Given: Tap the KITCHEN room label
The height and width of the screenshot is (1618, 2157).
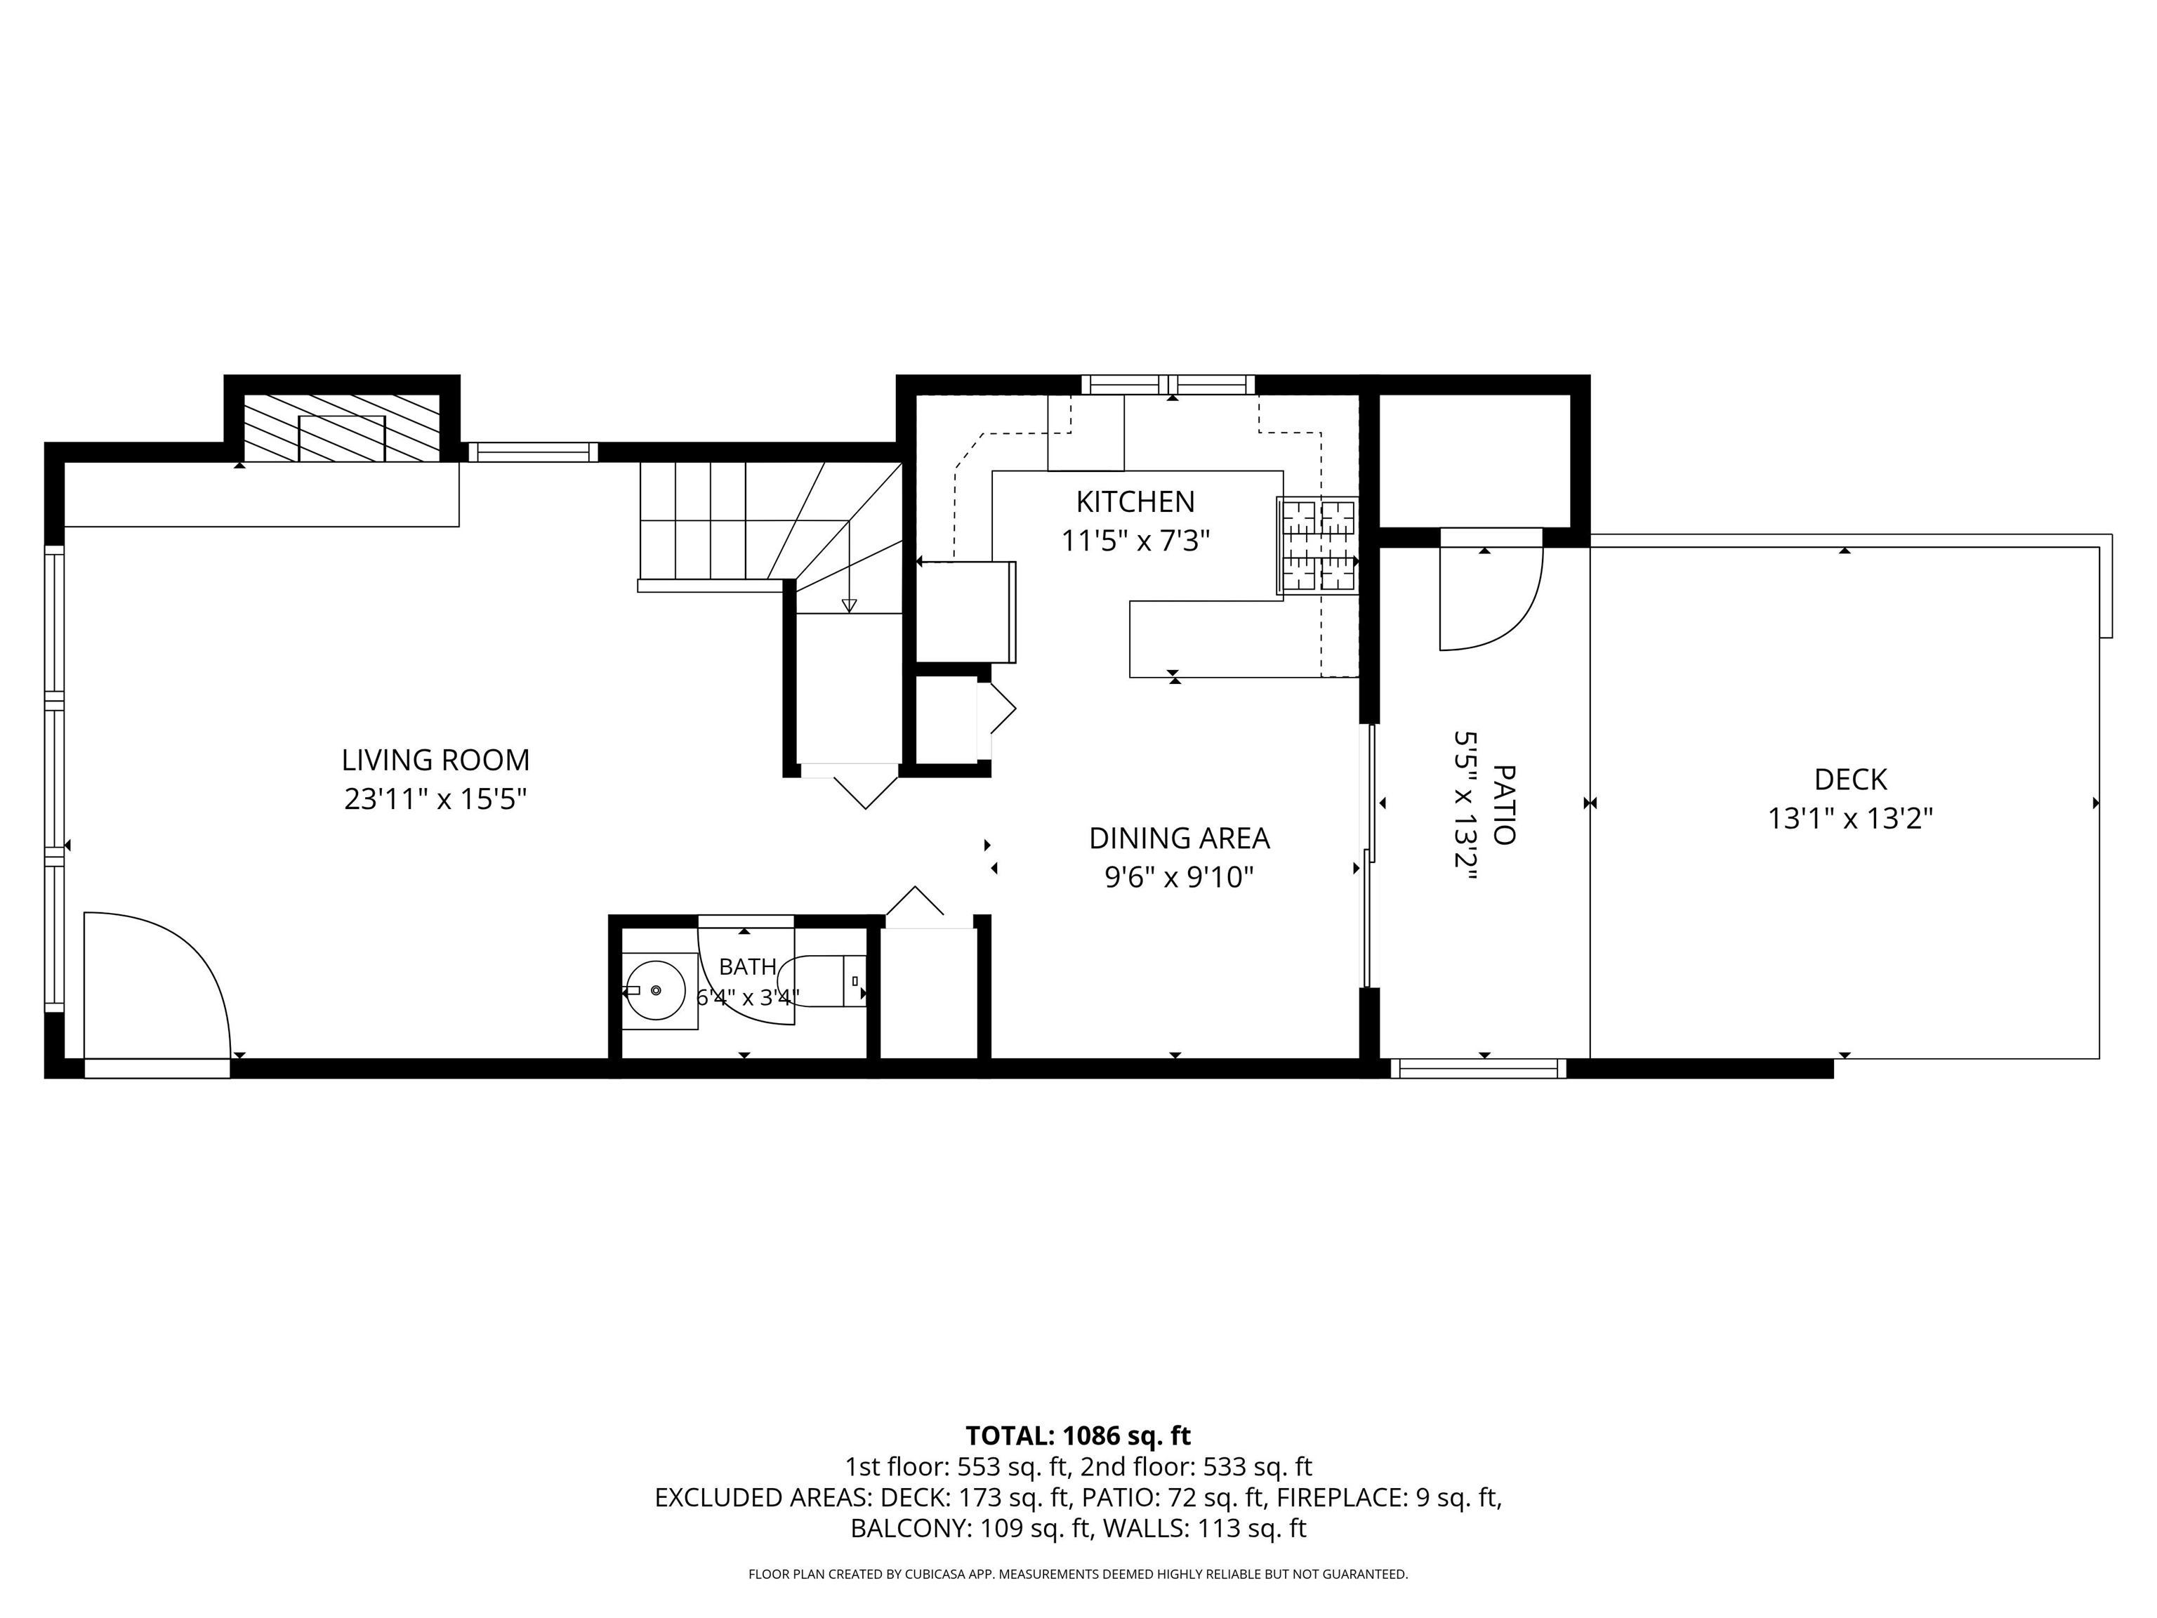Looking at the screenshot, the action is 1135,501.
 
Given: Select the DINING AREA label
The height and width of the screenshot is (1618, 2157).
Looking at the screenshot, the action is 1179,838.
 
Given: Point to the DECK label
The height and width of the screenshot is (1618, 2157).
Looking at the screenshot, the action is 1850,780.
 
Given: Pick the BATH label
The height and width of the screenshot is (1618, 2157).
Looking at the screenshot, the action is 748,966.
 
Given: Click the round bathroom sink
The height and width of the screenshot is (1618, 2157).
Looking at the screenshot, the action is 655,990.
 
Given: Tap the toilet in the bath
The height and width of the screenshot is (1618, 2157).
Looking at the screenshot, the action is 829,981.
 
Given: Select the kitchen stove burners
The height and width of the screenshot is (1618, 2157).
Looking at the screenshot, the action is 1317,546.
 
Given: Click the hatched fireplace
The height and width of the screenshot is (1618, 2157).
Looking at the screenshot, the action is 341,428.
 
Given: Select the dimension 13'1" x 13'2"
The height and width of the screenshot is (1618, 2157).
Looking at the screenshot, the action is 1850,818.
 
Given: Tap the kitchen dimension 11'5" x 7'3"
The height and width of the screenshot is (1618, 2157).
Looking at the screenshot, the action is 1135,540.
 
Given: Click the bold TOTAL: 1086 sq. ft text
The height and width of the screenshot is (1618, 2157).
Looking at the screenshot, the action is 1078,1435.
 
